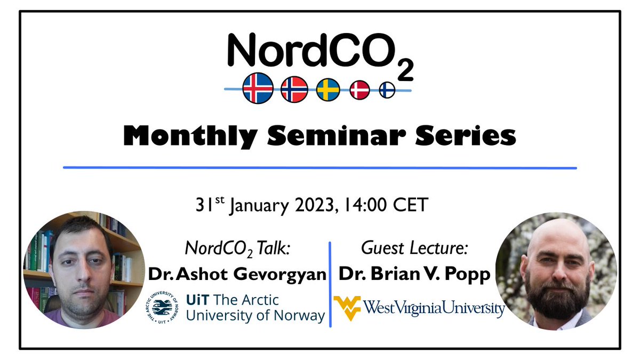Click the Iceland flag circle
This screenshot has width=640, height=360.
click(x=258, y=88)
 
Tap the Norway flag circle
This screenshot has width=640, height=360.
click(x=294, y=89)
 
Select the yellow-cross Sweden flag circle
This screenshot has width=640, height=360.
click(x=328, y=90)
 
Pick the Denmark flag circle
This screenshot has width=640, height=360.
click(x=359, y=90)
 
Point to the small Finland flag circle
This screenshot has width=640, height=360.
click(x=387, y=90)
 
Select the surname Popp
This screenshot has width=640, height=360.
click(x=467, y=274)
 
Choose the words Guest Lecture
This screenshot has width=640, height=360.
click(x=407, y=248)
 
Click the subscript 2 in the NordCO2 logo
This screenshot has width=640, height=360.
click(x=405, y=71)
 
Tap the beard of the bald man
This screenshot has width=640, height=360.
click(x=555, y=296)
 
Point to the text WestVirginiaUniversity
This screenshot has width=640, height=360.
click(x=434, y=308)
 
